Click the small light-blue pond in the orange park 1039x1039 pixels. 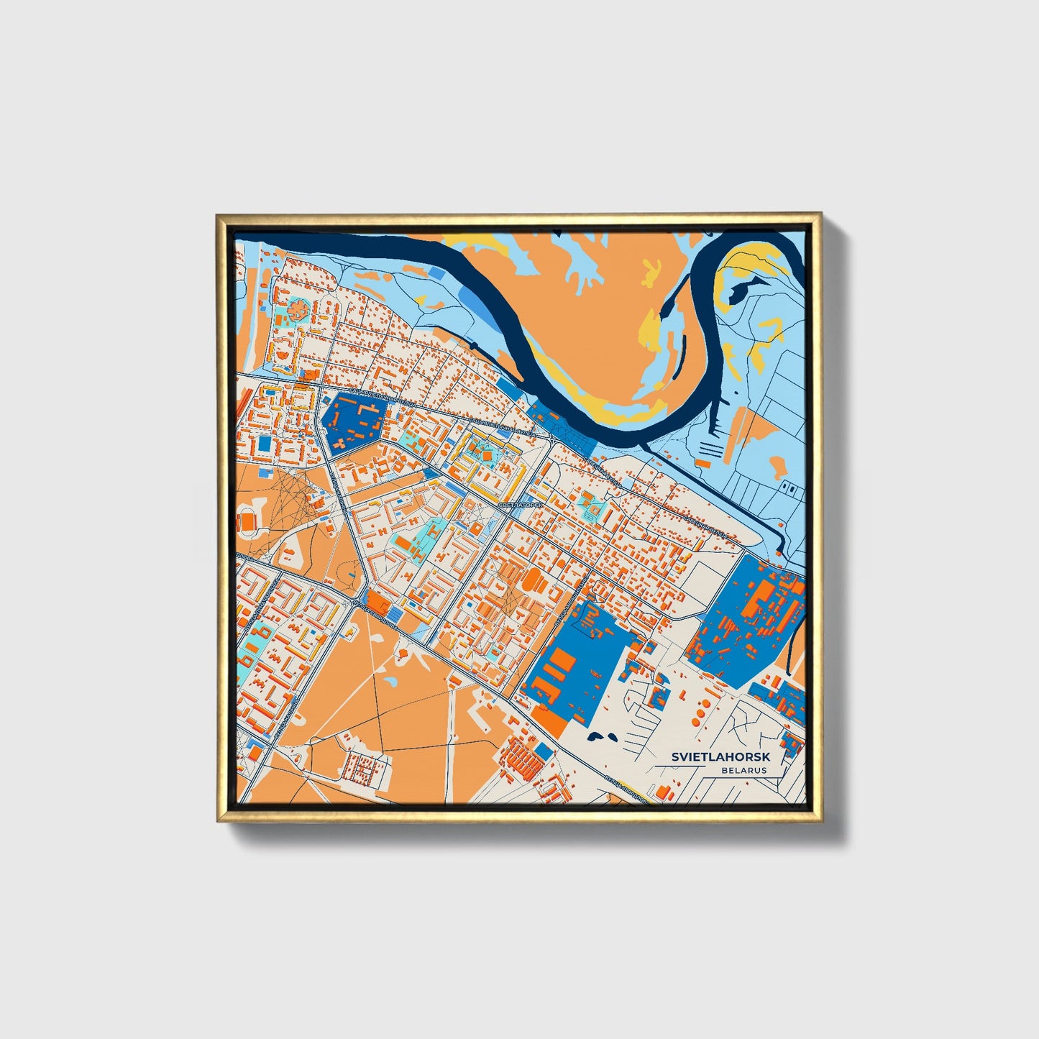(x=390, y=679)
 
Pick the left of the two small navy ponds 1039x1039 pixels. (x=595, y=736)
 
